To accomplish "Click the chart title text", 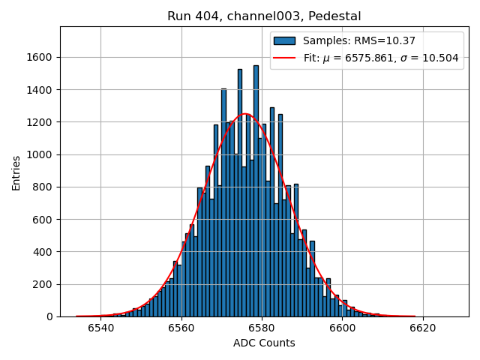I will point(264,16).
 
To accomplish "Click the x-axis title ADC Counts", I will point(264,343).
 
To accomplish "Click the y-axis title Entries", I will point(16,172).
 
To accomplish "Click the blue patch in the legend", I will point(284,40).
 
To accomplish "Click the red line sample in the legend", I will point(284,58).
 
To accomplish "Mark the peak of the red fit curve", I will point(244,114).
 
